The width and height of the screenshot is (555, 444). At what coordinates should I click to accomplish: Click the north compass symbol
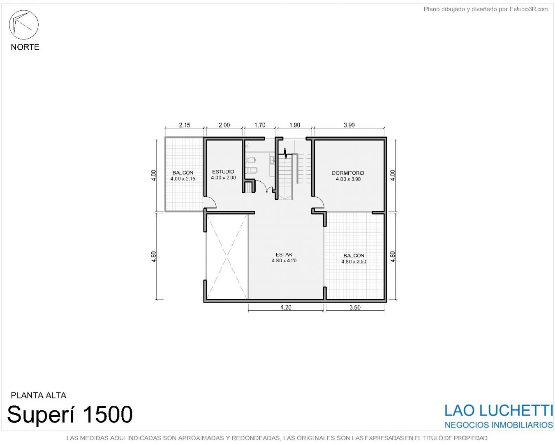point(24,25)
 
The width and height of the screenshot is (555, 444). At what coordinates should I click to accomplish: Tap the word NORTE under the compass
point(25,47)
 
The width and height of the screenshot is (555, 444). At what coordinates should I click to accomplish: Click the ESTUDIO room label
point(223,171)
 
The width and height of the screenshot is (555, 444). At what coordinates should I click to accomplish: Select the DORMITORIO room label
point(348,173)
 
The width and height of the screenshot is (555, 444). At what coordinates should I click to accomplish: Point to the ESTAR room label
point(284,254)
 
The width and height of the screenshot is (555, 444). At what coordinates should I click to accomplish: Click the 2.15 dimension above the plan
point(185,125)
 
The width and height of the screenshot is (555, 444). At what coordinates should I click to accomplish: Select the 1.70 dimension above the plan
point(260,125)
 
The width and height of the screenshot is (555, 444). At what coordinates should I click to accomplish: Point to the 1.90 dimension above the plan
point(294,125)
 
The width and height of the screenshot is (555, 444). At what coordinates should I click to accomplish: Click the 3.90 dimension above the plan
point(349,125)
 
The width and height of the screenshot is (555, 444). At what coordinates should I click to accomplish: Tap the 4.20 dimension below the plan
point(286,307)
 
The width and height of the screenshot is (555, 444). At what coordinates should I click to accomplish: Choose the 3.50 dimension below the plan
point(355,307)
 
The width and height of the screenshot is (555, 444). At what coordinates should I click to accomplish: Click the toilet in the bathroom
point(250,160)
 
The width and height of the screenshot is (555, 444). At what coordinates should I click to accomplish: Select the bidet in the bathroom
point(250,170)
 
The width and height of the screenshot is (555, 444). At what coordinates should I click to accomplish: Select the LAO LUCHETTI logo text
point(498,411)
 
